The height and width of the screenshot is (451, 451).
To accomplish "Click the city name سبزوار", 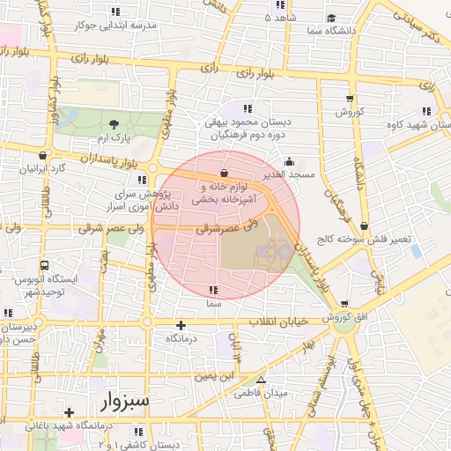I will (126, 402).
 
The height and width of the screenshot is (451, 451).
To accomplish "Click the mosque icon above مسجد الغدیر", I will (290, 161).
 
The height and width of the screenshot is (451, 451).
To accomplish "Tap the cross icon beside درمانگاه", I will (181, 325).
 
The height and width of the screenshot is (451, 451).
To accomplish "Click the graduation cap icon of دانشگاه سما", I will (330, 18).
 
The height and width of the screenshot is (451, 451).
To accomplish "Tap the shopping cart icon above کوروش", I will (350, 99).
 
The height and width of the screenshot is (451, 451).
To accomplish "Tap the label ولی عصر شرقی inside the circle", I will (223, 227).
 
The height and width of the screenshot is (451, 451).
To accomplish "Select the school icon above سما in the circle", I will (212, 289).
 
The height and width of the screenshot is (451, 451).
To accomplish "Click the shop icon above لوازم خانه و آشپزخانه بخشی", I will (223, 173).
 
